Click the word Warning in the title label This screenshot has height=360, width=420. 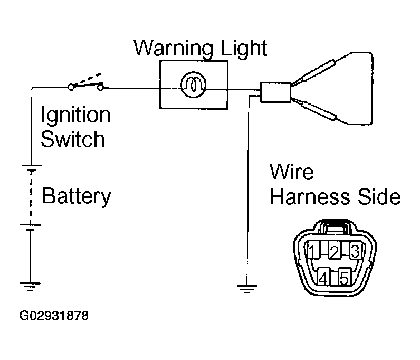click(x=174, y=49)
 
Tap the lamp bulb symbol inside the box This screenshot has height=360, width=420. click(x=194, y=84)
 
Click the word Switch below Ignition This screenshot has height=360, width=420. click(x=73, y=139)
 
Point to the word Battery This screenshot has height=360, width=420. click(x=77, y=196)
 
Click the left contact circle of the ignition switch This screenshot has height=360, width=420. click(x=71, y=87)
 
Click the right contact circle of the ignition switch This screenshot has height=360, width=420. click(x=100, y=87)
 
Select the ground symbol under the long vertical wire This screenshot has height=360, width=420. click(x=247, y=289)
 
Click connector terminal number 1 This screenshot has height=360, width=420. click(x=312, y=250)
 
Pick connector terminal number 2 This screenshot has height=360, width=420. click(x=335, y=251)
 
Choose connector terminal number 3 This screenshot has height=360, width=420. click(x=356, y=250)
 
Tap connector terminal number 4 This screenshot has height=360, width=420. click(x=323, y=277)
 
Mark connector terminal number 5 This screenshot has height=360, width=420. click(x=344, y=277)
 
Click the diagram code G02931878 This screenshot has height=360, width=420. click(x=54, y=316)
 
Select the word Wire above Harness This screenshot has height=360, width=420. click(x=291, y=172)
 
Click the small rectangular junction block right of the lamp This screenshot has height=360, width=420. click(x=275, y=92)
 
